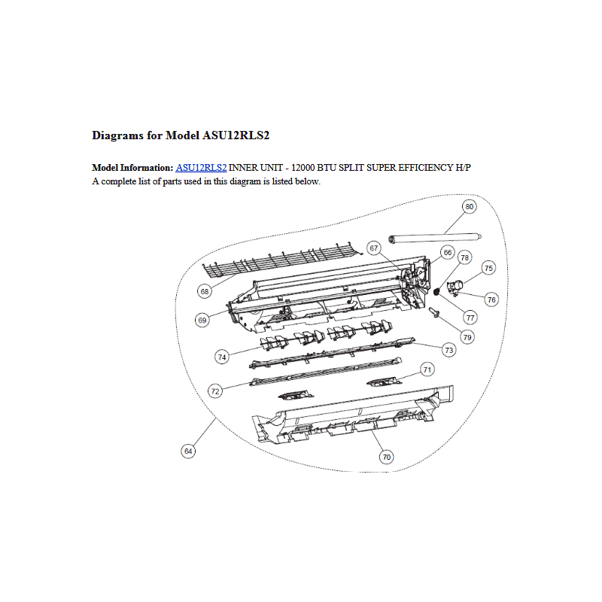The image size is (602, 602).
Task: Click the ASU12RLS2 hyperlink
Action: pyautogui.click(x=201, y=168)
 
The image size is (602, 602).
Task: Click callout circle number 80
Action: pyautogui.click(x=469, y=206)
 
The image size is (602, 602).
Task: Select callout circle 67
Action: pyautogui.click(x=374, y=248)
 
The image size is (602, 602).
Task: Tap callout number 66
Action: pyautogui.click(x=448, y=252)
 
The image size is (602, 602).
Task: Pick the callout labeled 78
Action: pyautogui.click(x=465, y=257)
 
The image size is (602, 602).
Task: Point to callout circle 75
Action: pyautogui.click(x=488, y=268)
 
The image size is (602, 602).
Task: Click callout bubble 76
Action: pyautogui.click(x=491, y=299)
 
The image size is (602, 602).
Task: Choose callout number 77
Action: pyautogui.click(x=470, y=318)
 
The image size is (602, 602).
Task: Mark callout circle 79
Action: pyautogui.click(x=467, y=337)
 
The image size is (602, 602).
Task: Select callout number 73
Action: pyautogui.click(x=448, y=350)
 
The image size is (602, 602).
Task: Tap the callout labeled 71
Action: pyautogui.click(x=427, y=369)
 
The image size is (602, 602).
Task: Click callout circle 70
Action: pyautogui.click(x=387, y=457)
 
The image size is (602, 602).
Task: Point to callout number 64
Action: pyautogui.click(x=188, y=451)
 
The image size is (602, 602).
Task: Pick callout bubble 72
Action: pyautogui.click(x=215, y=391)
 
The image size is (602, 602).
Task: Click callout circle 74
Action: pyautogui.click(x=222, y=357)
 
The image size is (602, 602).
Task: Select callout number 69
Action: pyautogui.click(x=202, y=320)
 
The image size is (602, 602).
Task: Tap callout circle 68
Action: pyautogui.click(x=205, y=291)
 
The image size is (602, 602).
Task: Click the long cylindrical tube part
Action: pyautogui.click(x=435, y=239)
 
